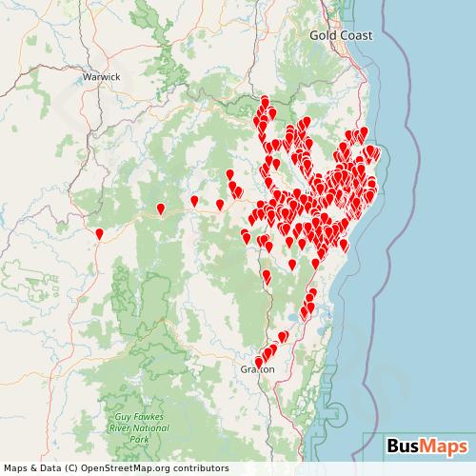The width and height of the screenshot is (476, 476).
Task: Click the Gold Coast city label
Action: click(x=340, y=35)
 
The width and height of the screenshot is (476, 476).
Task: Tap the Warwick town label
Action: click(x=101, y=76)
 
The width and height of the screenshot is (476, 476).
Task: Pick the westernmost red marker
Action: click(x=100, y=232)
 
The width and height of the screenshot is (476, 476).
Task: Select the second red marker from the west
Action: click(x=161, y=208)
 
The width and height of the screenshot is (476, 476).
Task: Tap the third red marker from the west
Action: click(x=194, y=201)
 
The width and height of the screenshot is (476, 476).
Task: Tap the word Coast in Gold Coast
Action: click(x=355, y=35)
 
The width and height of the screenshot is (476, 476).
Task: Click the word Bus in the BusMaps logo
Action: click(x=405, y=446)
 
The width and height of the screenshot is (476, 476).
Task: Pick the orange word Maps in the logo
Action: click(x=445, y=446)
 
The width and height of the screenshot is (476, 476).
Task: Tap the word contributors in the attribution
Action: click(x=201, y=468)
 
